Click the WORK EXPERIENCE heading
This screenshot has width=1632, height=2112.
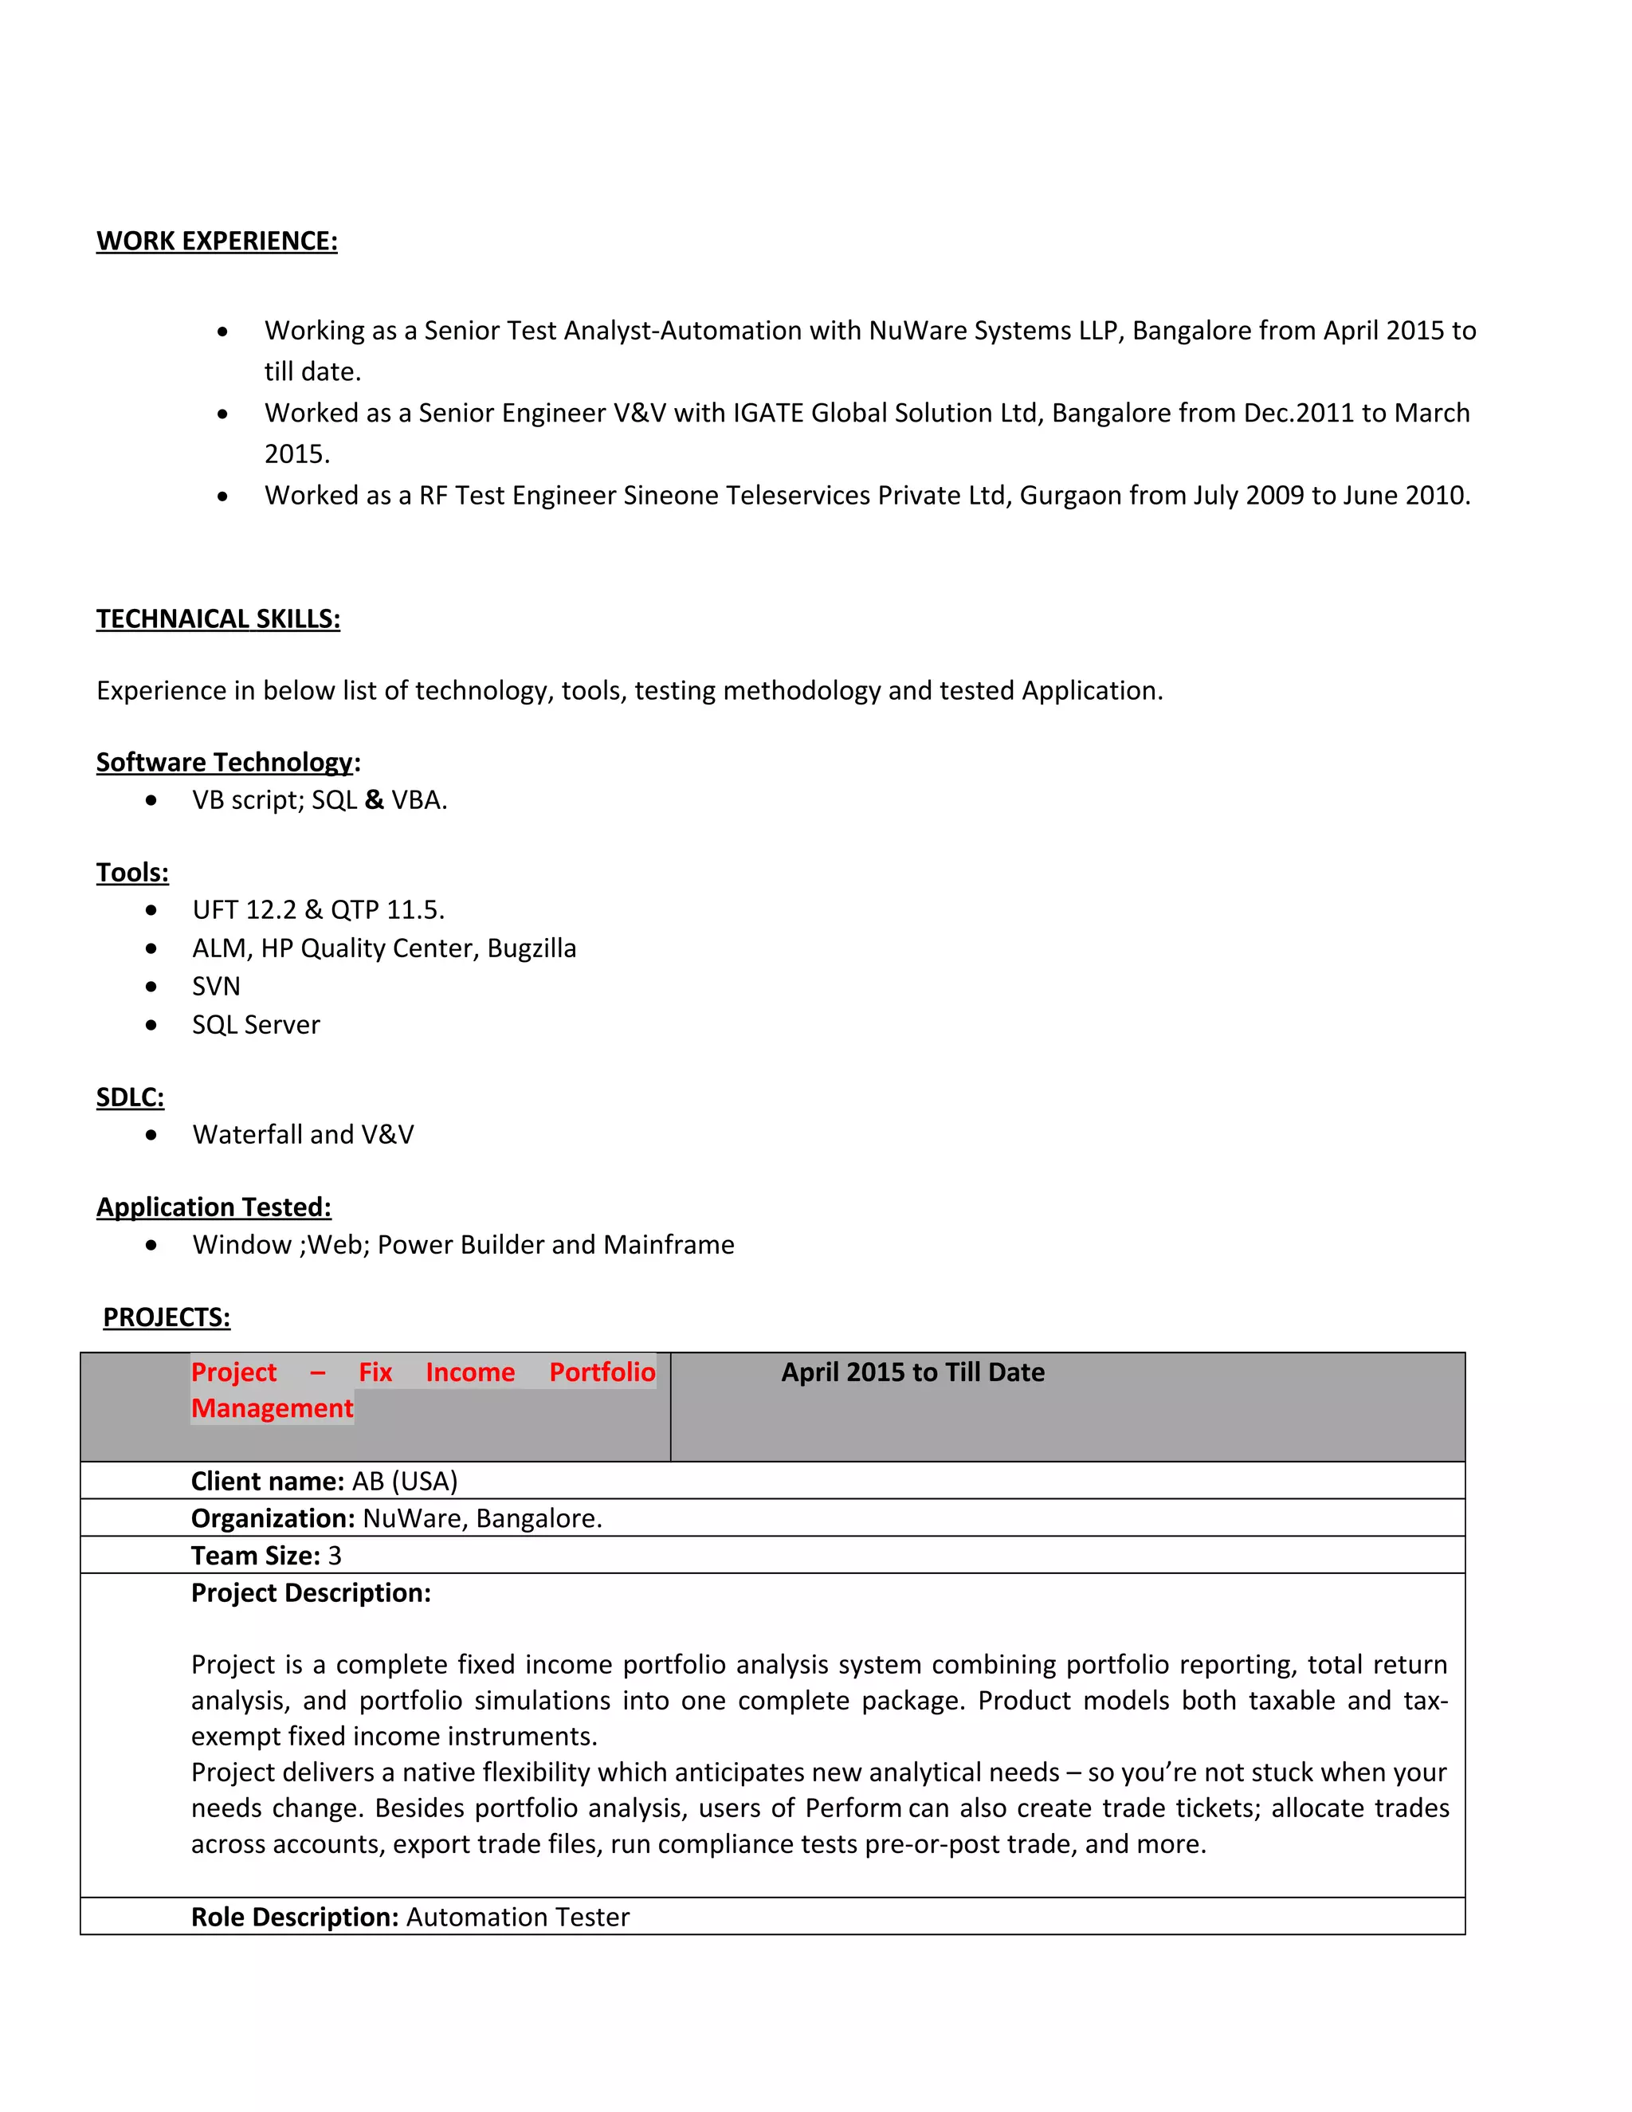[217, 241]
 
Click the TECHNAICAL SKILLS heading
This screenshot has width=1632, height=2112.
[218, 619]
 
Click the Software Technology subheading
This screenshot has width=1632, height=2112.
[224, 762]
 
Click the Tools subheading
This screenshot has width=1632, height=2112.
[132, 872]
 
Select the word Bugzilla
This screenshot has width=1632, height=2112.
[531, 948]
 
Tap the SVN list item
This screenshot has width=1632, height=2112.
[216, 987]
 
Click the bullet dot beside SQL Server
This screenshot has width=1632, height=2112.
[151, 1025]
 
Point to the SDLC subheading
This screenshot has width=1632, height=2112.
[130, 1097]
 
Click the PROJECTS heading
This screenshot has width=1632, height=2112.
[167, 1317]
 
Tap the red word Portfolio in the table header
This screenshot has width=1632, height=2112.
[602, 1372]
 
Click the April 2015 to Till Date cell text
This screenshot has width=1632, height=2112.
[912, 1372]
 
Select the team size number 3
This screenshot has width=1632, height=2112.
[335, 1556]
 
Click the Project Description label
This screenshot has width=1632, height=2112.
[310, 1592]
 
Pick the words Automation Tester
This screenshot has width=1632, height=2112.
[517, 1917]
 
